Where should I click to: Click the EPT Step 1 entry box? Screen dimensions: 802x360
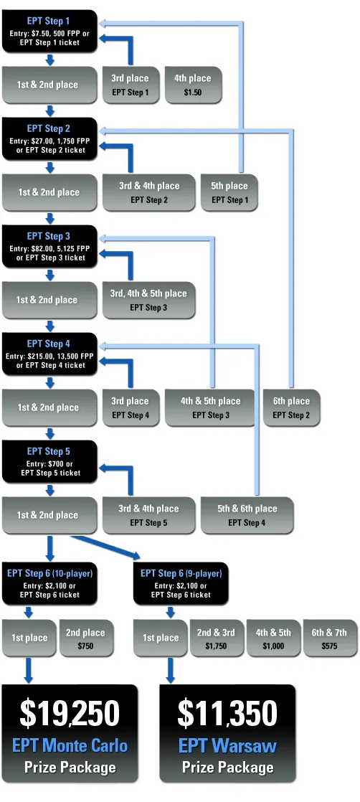click(49, 31)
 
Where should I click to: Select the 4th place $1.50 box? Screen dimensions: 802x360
click(192, 85)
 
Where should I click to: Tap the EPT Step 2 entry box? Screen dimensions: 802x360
click(49, 138)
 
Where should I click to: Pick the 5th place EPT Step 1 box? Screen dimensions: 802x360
click(229, 192)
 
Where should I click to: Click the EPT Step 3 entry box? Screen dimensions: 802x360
click(49, 246)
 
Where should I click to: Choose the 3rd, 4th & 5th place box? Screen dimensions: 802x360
click(148, 300)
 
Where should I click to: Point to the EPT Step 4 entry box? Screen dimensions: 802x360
click(49, 354)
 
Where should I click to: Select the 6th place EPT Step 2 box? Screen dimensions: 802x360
click(291, 407)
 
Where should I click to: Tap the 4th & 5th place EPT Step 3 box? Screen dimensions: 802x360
click(210, 407)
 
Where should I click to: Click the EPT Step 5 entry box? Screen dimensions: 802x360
click(49, 461)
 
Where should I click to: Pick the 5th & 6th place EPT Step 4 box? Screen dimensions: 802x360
click(247, 515)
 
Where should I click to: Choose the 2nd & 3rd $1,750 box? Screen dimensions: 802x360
click(216, 638)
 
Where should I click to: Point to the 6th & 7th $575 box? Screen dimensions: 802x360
click(329, 638)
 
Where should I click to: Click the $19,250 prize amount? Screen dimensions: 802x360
click(70, 713)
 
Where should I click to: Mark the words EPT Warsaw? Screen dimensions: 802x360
click(227, 746)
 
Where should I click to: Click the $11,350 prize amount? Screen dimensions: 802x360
click(227, 713)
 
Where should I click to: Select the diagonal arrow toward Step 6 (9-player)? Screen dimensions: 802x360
click(108, 545)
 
